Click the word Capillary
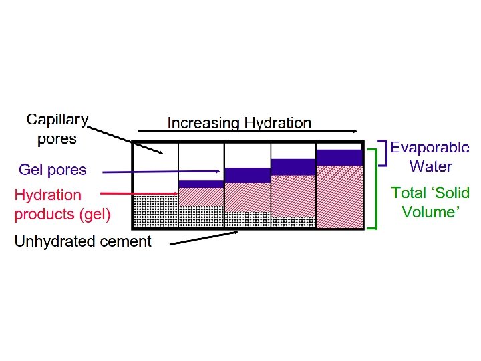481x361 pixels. pos(57,120)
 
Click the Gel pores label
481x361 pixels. pos(52,170)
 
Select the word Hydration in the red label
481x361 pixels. pos(47,195)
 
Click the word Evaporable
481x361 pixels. pos(430,148)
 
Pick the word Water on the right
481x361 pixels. pos(430,166)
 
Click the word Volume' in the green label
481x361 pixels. pos(430,212)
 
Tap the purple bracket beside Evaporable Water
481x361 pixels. pos(380,153)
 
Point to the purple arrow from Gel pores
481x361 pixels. pos(160,172)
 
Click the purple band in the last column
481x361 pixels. pos(339,157)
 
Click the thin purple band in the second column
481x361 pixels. pos(201,184)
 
